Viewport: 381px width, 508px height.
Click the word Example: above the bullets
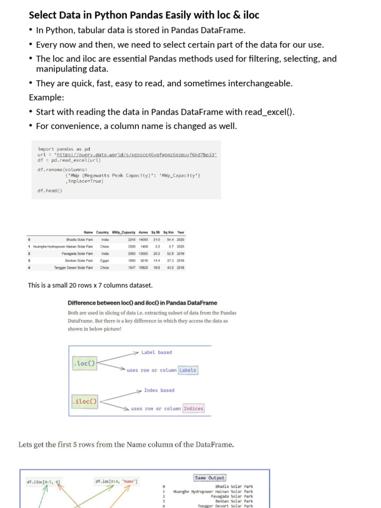click(47, 97)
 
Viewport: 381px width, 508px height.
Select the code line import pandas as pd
click(63, 149)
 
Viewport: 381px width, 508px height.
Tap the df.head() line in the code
click(50, 190)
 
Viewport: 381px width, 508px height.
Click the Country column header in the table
click(102, 232)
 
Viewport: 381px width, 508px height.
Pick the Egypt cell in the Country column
click(105, 260)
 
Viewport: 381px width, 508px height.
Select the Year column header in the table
click(181, 232)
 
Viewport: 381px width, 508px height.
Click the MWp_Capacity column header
click(124, 232)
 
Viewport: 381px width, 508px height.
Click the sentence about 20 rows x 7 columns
click(90, 285)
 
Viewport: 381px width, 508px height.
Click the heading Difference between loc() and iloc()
click(142, 303)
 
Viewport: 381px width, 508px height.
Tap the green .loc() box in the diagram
click(84, 364)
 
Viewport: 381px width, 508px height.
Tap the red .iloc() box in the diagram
click(84, 401)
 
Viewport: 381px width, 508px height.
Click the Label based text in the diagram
click(156, 352)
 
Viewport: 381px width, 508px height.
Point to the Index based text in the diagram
click(159, 390)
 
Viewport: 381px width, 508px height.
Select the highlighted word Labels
click(188, 370)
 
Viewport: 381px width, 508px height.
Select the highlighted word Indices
click(193, 409)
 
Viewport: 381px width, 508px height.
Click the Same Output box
click(209, 478)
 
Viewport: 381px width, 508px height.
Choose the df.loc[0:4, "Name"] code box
click(117, 481)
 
